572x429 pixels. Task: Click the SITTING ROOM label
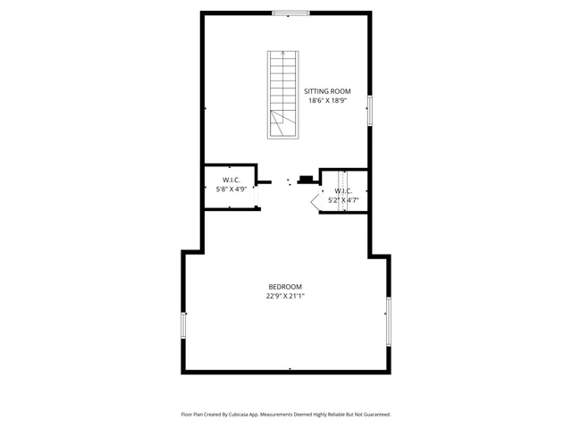pyautogui.click(x=327, y=91)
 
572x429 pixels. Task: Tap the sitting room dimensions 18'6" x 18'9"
pyautogui.click(x=327, y=101)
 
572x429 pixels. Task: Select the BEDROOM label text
pyautogui.click(x=286, y=286)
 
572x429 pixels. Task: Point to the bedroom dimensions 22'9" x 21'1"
pyautogui.click(x=286, y=296)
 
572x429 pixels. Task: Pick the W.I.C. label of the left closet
pyautogui.click(x=231, y=179)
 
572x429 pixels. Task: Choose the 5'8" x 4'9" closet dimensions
pyautogui.click(x=231, y=189)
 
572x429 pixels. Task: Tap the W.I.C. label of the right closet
pyautogui.click(x=344, y=191)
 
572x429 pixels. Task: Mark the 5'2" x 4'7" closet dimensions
pyautogui.click(x=344, y=201)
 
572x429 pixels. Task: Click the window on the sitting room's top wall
pyautogui.click(x=290, y=13)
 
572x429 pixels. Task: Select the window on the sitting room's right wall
pyautogui.click(x=369, y=109)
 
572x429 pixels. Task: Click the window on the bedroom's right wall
pyautogui.click(x=388, y=322)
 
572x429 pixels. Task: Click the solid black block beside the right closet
pyautogui.click(x=307, y=180)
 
